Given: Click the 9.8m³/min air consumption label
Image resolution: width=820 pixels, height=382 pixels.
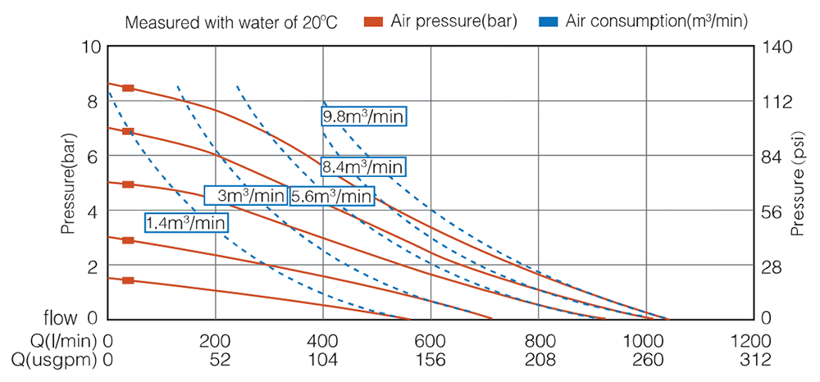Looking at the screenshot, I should [x=364, y=116].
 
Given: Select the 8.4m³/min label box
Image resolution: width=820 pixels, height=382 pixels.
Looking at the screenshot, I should [x=362, y=167].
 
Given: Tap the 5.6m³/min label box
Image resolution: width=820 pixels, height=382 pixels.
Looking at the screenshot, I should [x=332, y=196].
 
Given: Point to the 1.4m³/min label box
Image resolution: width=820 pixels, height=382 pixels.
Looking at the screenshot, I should [x=186, y=222].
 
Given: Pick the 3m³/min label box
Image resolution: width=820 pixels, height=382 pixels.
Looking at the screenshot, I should [x=246, y=196].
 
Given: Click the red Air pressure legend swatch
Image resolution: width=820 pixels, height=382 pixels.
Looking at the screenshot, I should [x=373, y=22].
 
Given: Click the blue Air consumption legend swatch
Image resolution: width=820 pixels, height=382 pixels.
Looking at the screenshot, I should [x=549, y=22].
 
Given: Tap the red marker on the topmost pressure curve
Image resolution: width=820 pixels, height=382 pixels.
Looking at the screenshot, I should [x=128, y=89].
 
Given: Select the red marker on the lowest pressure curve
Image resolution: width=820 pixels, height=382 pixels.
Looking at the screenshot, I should [x=128, y=280].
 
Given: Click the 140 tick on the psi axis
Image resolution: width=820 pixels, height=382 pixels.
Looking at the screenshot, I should [x=777, y=47].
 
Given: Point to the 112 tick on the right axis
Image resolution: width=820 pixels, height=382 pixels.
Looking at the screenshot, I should [x=777, y=102].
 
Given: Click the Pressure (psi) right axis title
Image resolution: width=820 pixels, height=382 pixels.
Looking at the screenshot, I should [x=798, y=182].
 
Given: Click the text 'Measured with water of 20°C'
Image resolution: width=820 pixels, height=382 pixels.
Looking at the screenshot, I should [x=230, y=22].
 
